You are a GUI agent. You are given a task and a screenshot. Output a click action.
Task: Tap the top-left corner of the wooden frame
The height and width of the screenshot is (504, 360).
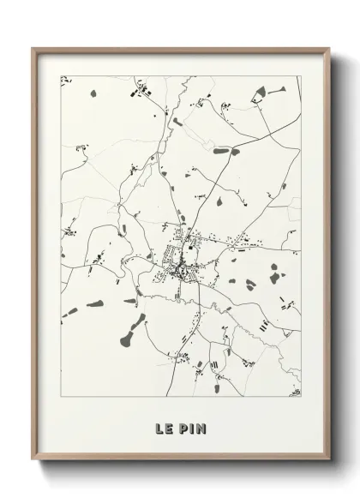point(33,49)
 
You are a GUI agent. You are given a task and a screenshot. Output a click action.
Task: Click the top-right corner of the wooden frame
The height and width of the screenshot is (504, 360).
point(328,49)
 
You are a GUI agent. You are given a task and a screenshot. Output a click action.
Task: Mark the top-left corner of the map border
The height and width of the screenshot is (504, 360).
point(61,76)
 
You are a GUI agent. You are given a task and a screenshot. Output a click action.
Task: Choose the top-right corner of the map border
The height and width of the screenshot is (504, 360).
point(301,76)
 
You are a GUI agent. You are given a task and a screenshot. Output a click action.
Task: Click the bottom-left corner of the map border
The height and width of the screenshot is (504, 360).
point(61,397)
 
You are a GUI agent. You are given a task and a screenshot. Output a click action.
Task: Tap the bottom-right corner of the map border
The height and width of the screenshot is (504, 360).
point(301,397)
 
